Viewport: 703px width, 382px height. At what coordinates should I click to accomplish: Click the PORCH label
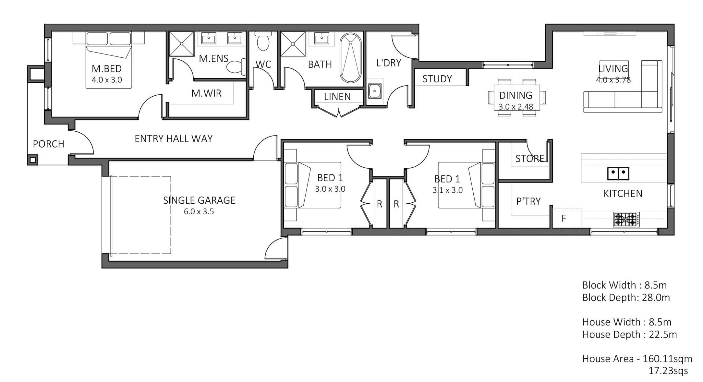coord(49,144)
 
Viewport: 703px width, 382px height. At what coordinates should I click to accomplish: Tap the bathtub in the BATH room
coord(350,58)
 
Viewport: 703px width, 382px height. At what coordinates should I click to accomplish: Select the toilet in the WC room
coord(263,41)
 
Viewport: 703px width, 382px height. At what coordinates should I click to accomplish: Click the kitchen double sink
coord(618,173)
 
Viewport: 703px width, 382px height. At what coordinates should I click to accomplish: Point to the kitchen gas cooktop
coord(626,220)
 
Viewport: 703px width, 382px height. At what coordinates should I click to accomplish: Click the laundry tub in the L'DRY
coord(375,91)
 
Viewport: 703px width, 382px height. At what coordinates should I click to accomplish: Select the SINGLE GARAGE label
coord(199,200)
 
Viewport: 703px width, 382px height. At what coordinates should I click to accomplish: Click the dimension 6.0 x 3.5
coord(199,212)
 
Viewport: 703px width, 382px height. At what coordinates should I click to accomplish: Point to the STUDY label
coord(437,79)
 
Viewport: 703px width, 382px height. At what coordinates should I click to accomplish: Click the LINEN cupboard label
coord(337,97)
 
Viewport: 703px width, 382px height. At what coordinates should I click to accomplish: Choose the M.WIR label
coord(206,93)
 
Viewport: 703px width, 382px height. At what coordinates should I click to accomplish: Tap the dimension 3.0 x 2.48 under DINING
coord(516,107)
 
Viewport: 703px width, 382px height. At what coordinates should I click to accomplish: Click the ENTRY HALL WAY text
coord(174,139)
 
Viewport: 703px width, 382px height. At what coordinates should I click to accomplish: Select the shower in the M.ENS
coord(182,44)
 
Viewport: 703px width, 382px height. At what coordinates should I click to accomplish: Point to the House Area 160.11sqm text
coord(637,359)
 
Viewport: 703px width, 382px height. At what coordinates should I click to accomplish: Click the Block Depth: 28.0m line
coord(626,297)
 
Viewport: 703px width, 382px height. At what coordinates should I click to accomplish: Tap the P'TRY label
coord(528,201)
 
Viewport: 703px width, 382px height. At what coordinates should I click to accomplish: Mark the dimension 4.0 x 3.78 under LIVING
coord(613,80)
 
